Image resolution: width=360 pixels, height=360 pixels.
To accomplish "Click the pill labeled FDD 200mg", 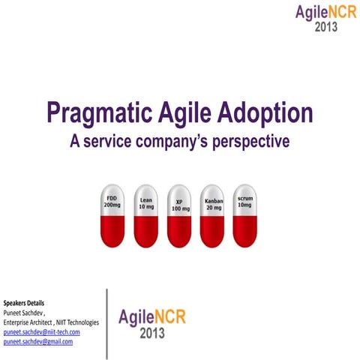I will (112, 216).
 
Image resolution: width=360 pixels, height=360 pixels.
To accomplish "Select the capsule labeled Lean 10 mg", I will (146, 216).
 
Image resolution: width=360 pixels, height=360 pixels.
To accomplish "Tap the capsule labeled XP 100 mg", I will (180, 216).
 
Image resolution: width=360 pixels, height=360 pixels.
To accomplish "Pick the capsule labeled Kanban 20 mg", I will (213, 216).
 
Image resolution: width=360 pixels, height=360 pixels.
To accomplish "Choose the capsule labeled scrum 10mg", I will (245, 216).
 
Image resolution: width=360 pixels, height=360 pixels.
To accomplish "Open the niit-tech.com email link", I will (41, 331).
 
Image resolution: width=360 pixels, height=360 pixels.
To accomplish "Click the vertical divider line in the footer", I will (106, 322).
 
